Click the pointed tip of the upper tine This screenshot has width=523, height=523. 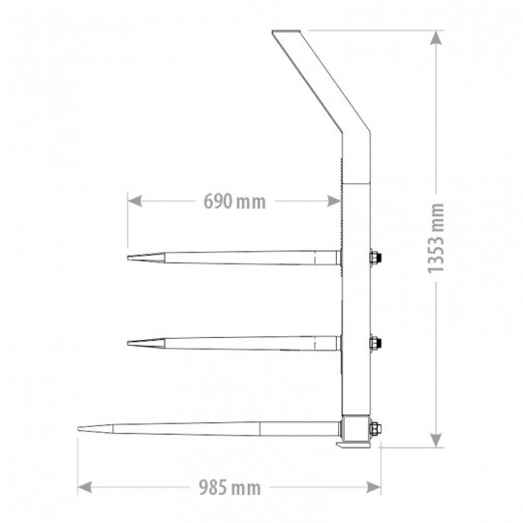coord(129,258)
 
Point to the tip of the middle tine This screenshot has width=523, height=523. coord(129,341)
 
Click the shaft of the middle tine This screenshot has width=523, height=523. coord(242,341)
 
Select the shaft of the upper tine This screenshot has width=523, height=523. coord(242,258)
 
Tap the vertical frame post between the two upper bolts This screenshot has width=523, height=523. coord(357,299)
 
